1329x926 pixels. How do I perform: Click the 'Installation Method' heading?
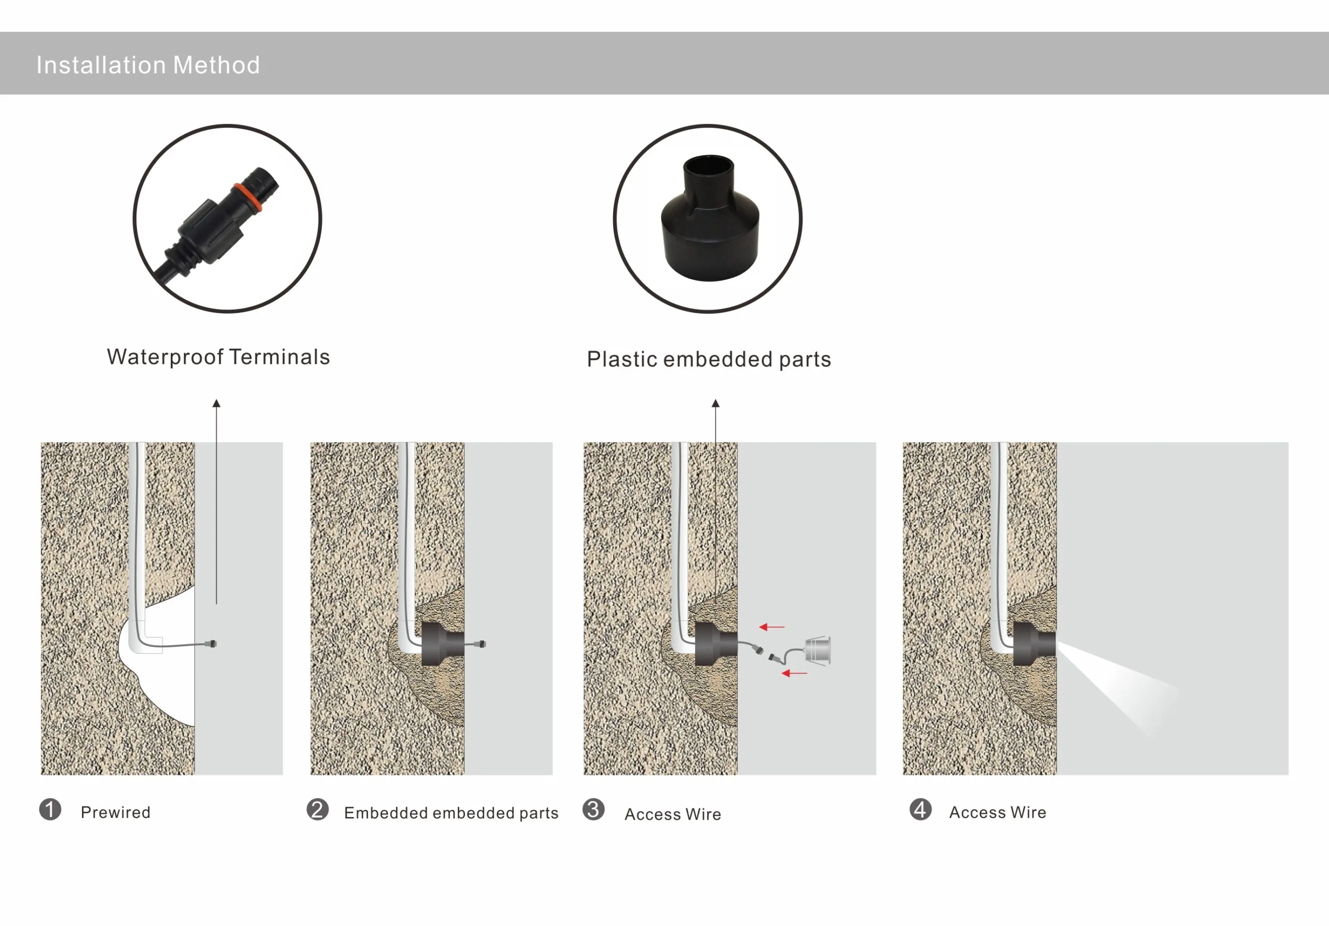[148, 65]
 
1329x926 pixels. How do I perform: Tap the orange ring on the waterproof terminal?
[248, 197]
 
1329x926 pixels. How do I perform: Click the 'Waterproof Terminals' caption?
[218, 357]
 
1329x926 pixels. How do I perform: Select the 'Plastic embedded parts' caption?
[709, 359]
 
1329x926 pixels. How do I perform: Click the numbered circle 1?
[50, 809]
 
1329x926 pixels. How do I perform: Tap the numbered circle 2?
[318, 809]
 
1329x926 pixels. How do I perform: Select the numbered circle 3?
[593, 809]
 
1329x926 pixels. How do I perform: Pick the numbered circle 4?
[920, 809]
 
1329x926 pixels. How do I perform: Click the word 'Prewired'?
[116, 812]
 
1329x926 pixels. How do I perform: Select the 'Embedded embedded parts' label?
[452, 813]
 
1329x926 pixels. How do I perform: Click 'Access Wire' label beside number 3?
[673, 814]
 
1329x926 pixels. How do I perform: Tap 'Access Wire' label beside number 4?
[998, 812]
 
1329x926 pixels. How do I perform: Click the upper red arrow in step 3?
[772, 627]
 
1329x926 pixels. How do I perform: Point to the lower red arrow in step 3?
[794, 673]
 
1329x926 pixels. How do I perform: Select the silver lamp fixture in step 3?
[818, 649]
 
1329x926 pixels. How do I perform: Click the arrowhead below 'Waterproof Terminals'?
[216, 403]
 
